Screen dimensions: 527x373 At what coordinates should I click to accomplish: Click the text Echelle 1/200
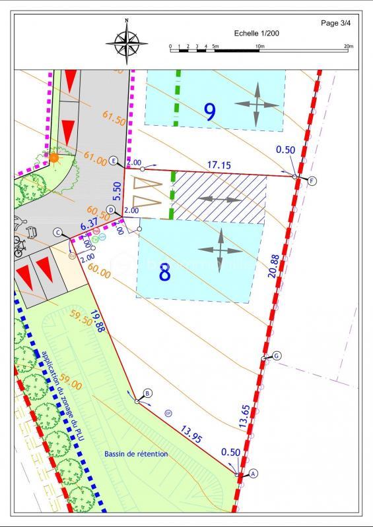click(x=258, y=33)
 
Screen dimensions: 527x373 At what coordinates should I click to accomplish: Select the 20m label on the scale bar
click(x=349, y=46)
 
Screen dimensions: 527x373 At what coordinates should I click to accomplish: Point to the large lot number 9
click(x=210, y=111)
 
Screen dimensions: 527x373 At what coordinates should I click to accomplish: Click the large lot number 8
click(x=165, y=271)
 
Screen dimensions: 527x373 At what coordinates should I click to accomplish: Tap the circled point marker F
click(x=312, y=180)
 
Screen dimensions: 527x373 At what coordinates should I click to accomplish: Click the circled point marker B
click(x=148, y=393)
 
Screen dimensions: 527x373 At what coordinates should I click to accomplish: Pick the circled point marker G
click(x=277, y=356)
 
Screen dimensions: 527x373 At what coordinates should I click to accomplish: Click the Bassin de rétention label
click(x=136, y=455)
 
